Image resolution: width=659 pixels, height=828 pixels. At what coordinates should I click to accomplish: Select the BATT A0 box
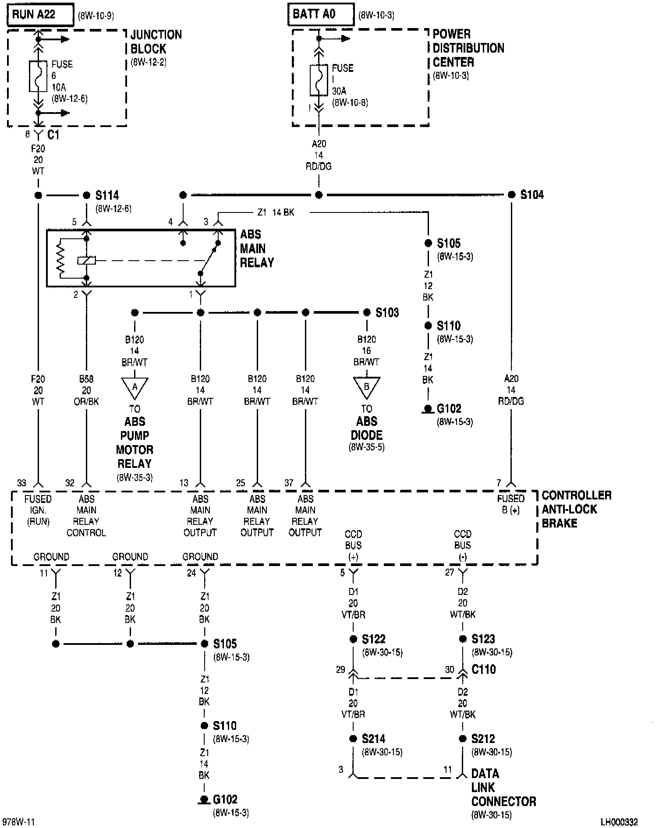click(x=321, y=14)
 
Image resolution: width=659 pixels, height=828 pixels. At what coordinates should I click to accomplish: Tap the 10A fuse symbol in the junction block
click(x=38, y=76)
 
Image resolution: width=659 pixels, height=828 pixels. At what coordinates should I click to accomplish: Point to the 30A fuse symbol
click(x=319, y=80)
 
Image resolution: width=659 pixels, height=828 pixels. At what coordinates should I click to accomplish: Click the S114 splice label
click(x=107, y=195)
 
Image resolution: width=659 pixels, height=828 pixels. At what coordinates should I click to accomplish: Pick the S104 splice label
click(x=531, y=195)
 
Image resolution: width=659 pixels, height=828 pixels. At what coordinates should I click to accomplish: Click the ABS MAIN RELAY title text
click(x=256, y=248)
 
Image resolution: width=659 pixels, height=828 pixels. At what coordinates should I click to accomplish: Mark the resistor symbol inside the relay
click(x=60, y=258)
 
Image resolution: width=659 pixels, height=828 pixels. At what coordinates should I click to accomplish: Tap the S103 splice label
click(x=387, y=313)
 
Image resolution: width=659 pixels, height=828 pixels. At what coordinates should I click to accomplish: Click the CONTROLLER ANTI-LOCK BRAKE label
click(x=576, y=509)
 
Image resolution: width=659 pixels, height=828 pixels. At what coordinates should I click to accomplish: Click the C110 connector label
click(x=483, y=669)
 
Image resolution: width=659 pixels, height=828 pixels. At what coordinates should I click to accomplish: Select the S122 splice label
click(x=373, y=639)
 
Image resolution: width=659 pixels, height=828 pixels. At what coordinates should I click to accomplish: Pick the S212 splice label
click(x=483, y=739)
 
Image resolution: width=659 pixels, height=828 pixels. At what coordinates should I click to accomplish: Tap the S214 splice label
click(x=373, y=739)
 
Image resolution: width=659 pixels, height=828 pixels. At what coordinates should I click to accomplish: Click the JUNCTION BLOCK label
click(x=156, y=42)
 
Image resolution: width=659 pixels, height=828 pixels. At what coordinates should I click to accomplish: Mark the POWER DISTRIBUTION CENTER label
click(x=468, y=48)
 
